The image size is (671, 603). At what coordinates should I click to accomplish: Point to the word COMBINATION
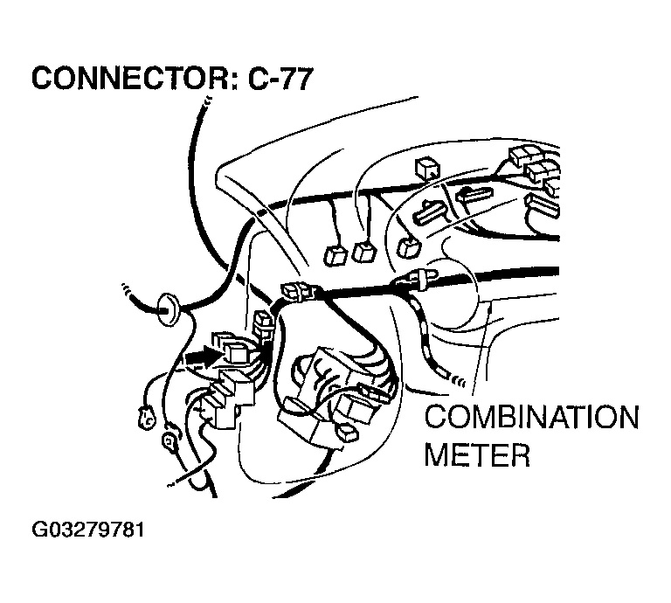pyautogui.click(x=530, y=417)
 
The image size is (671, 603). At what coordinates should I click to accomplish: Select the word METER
pyautogui.click(x=477, y=455)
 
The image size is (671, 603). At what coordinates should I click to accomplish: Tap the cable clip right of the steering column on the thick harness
pyautogui.click(x=417, y=280)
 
